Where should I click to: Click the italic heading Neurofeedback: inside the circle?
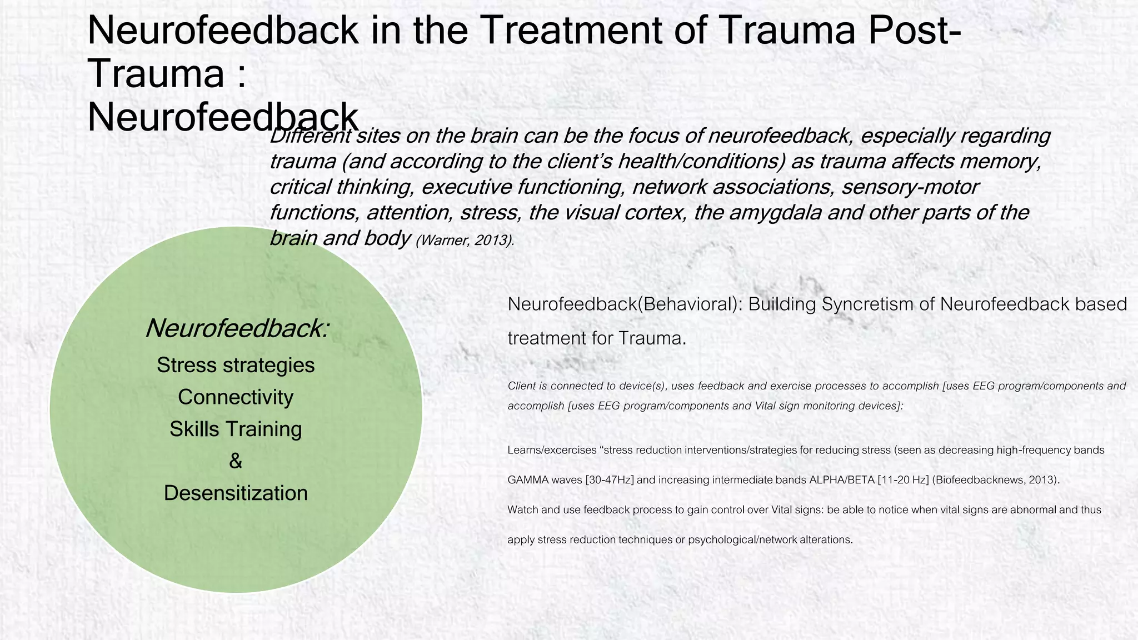pos(237,328)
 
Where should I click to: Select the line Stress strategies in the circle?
pos(236,365)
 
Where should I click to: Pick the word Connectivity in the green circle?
pos(236,397)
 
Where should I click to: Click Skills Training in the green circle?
pos(236,429)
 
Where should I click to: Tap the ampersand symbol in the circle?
pos(236,461)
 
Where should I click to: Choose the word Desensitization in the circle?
pos(236,493)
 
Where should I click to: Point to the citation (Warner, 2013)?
pos(465,241)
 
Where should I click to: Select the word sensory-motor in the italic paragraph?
pos(910,187)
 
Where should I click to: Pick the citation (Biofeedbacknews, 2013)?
pos(996,480)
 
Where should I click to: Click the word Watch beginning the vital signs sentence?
pos(522,509)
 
